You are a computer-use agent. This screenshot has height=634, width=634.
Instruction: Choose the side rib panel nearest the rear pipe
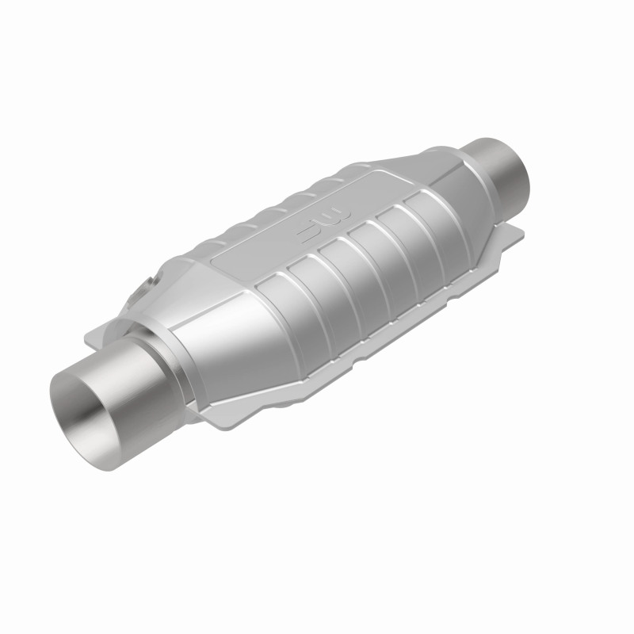click(x=428, y=218)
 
